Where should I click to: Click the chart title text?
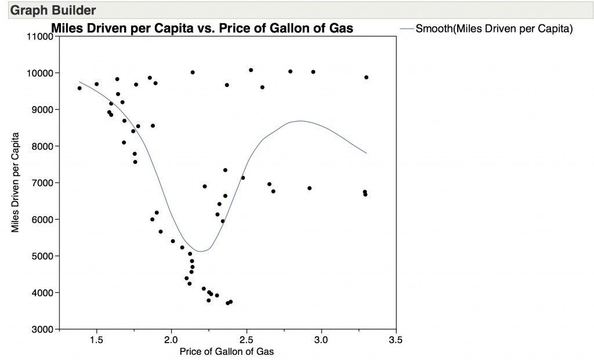click(x=202, y=28)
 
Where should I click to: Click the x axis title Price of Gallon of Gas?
click(x=227, y=351)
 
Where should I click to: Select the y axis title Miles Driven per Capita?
click(x=16, y=183)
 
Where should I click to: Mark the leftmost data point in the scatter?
click(x=79, y=88)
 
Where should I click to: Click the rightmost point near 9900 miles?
click(x=366, y=77)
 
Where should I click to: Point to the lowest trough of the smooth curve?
click(x=200, y=252)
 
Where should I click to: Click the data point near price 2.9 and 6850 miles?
click(x=310, y=188)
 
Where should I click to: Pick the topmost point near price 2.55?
click(x=251, y=70)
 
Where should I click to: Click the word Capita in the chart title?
click(x=181, y=28)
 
